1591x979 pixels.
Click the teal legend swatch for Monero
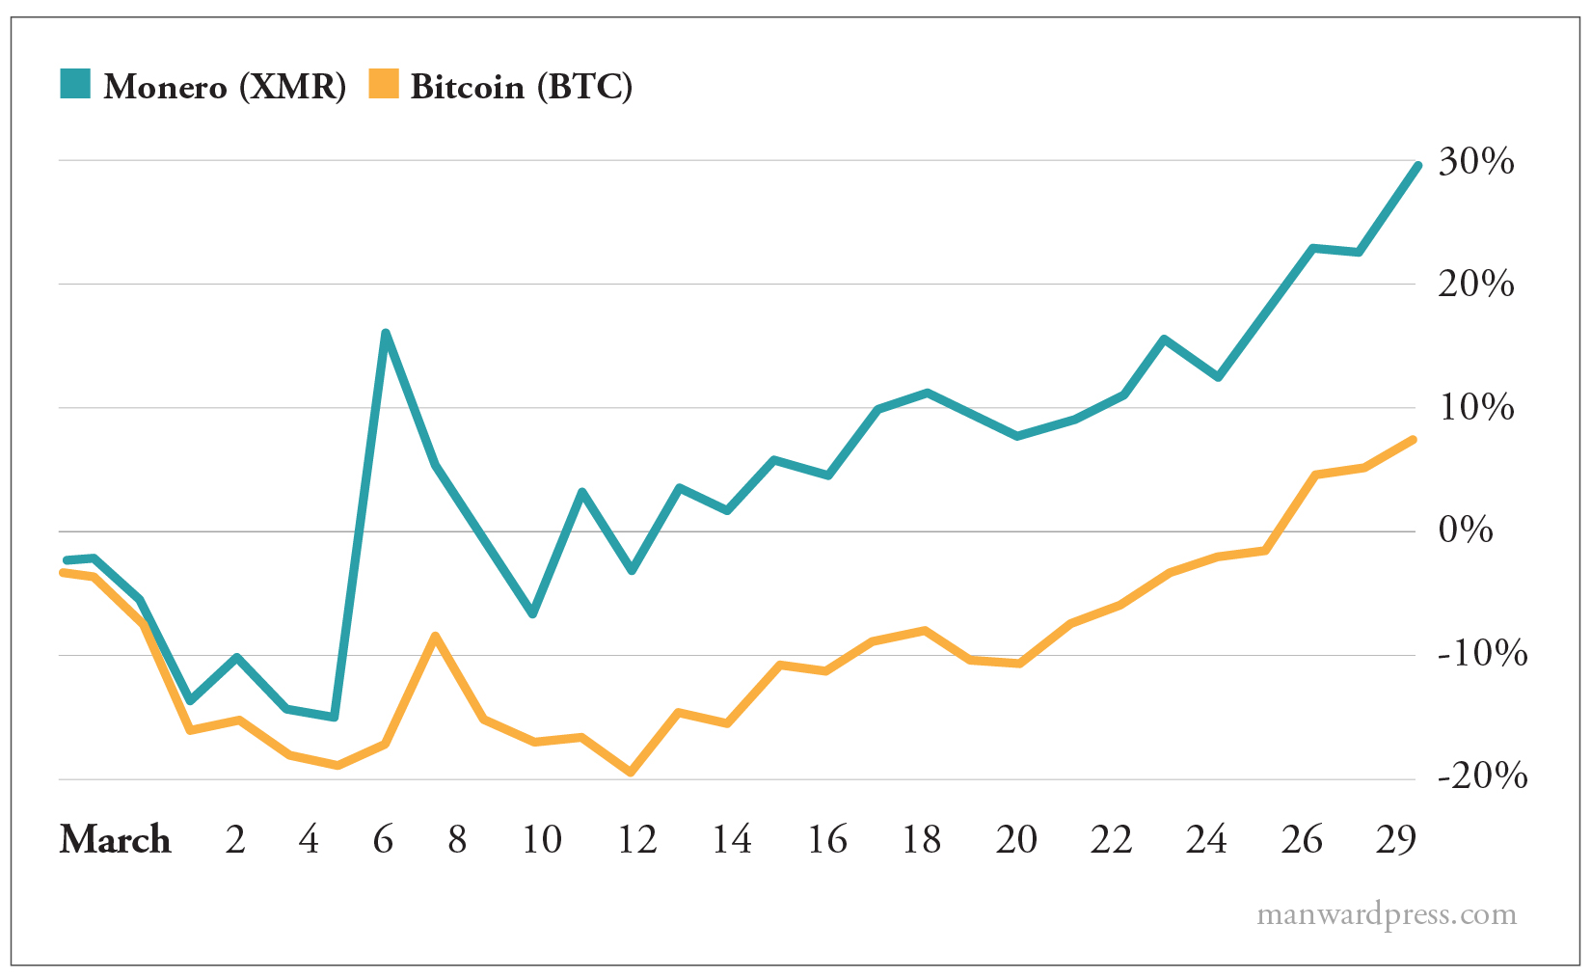(75, 84)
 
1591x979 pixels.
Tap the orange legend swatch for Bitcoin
(383, 84)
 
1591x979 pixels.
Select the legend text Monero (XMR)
(225, 87)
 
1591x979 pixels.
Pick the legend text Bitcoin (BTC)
(522, 87)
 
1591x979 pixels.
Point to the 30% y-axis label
(1475, 162)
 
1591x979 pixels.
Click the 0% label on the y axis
(1466, 530)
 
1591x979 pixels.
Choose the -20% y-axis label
(1482, 775)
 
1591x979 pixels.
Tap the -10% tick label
(1482, 653)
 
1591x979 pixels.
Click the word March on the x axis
(115, 839)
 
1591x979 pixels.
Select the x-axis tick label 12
(636, 839)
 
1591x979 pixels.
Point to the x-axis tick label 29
(1395, 839)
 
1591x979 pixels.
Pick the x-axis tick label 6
(383, 839)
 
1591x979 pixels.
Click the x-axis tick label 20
(1016, 839)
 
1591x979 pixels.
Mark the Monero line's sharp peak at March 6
(386, 334)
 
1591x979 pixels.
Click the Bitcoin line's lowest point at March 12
(631, 773)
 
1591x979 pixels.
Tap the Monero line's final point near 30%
(1416, 166)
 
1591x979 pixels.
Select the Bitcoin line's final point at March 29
(1413, 440)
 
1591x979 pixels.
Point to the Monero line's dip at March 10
(533, 613)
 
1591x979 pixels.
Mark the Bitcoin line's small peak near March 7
(435, 636)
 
